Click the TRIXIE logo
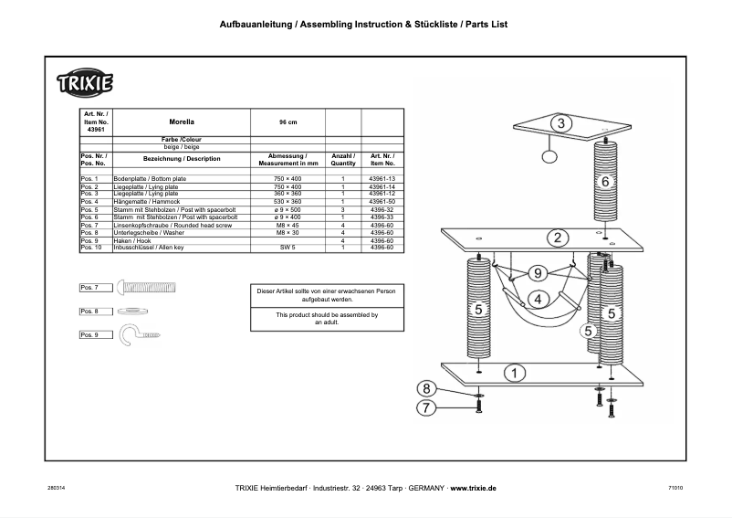[87, 83]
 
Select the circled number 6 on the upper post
[604, 182]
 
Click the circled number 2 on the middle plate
[555, 238]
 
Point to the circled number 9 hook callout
[538, 272]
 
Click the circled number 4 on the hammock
[539, 298]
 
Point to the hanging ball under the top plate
[549, 157]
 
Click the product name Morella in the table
[182, 121]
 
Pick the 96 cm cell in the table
[288, 121]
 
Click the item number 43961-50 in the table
[382, 201]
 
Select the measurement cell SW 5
[288, 247]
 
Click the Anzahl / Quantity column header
[342, 160]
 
